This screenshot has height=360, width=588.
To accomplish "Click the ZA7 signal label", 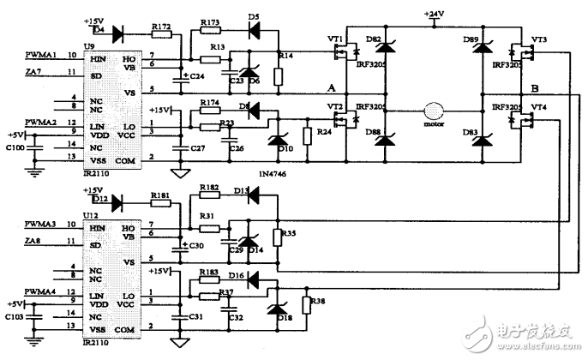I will [x=34, y=72].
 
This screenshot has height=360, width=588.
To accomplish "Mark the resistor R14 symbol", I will [x=278, y=76].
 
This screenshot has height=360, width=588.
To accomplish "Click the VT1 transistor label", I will [x=334, y=40].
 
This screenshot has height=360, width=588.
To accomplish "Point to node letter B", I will [x=535, y=88].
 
